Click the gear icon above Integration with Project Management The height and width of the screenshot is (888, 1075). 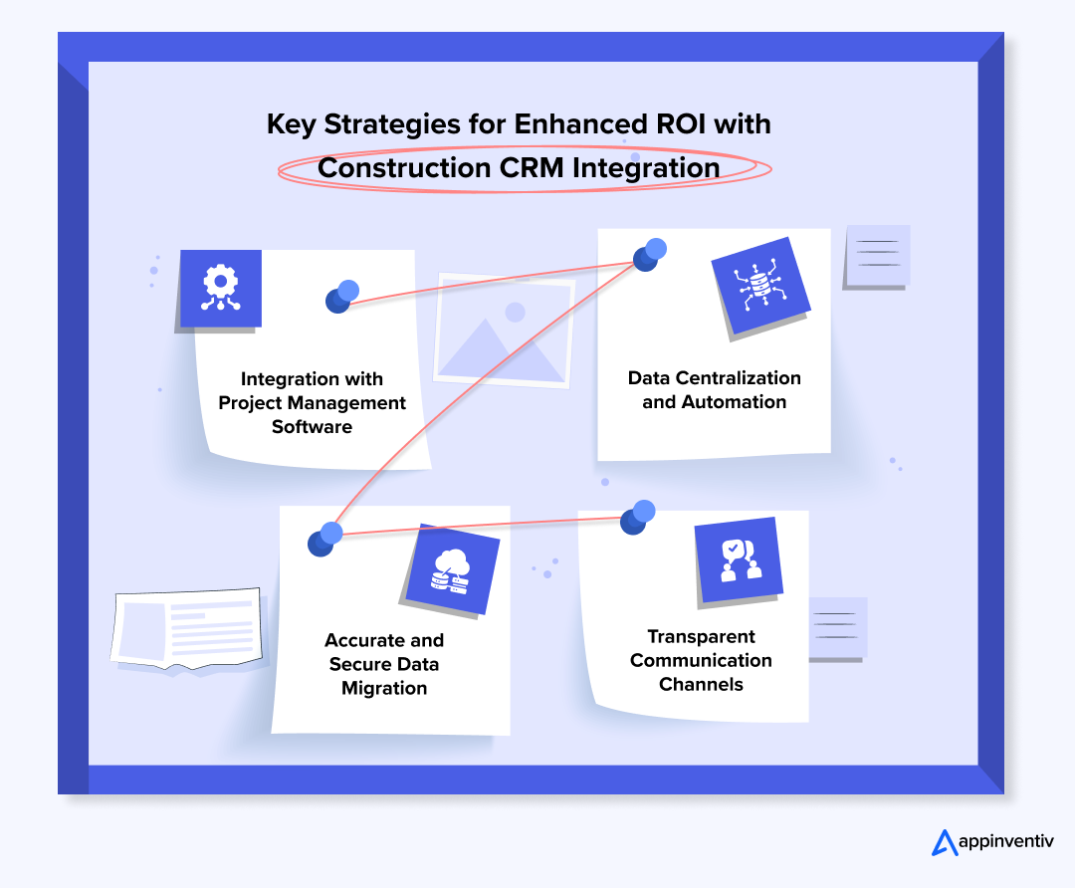point(219,289)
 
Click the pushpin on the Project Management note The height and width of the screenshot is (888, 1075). point(342,296)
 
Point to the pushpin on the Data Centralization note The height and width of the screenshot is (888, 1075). point(650,254)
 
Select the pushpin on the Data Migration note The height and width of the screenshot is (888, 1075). point(325,539)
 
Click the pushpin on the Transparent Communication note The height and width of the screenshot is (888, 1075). point(638,517)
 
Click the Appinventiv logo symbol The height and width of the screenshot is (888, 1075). point(944,842)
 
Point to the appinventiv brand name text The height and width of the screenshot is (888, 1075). point(1005,843)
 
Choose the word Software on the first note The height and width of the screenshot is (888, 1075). point(313,427)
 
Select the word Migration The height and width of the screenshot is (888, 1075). point(384,688)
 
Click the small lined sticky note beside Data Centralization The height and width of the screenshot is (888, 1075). point(877,256)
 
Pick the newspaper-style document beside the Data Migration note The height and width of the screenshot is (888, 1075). point(189,628)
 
